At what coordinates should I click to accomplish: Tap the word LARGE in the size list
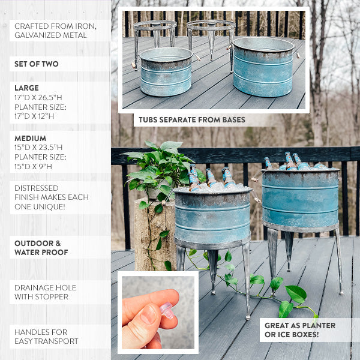[x=26, y=88]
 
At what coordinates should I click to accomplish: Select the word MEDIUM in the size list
[x=30, y=138]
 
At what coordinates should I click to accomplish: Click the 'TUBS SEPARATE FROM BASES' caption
[x=192, y=120]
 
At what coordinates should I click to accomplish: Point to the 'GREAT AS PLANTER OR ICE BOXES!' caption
[x=300, y=329]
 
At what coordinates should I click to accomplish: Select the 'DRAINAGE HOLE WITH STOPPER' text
[x=41, y=292]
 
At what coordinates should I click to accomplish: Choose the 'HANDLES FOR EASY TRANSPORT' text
[x=46, y=337]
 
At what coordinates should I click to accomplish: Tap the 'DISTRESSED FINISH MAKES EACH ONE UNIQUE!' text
[x=52, y=197]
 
